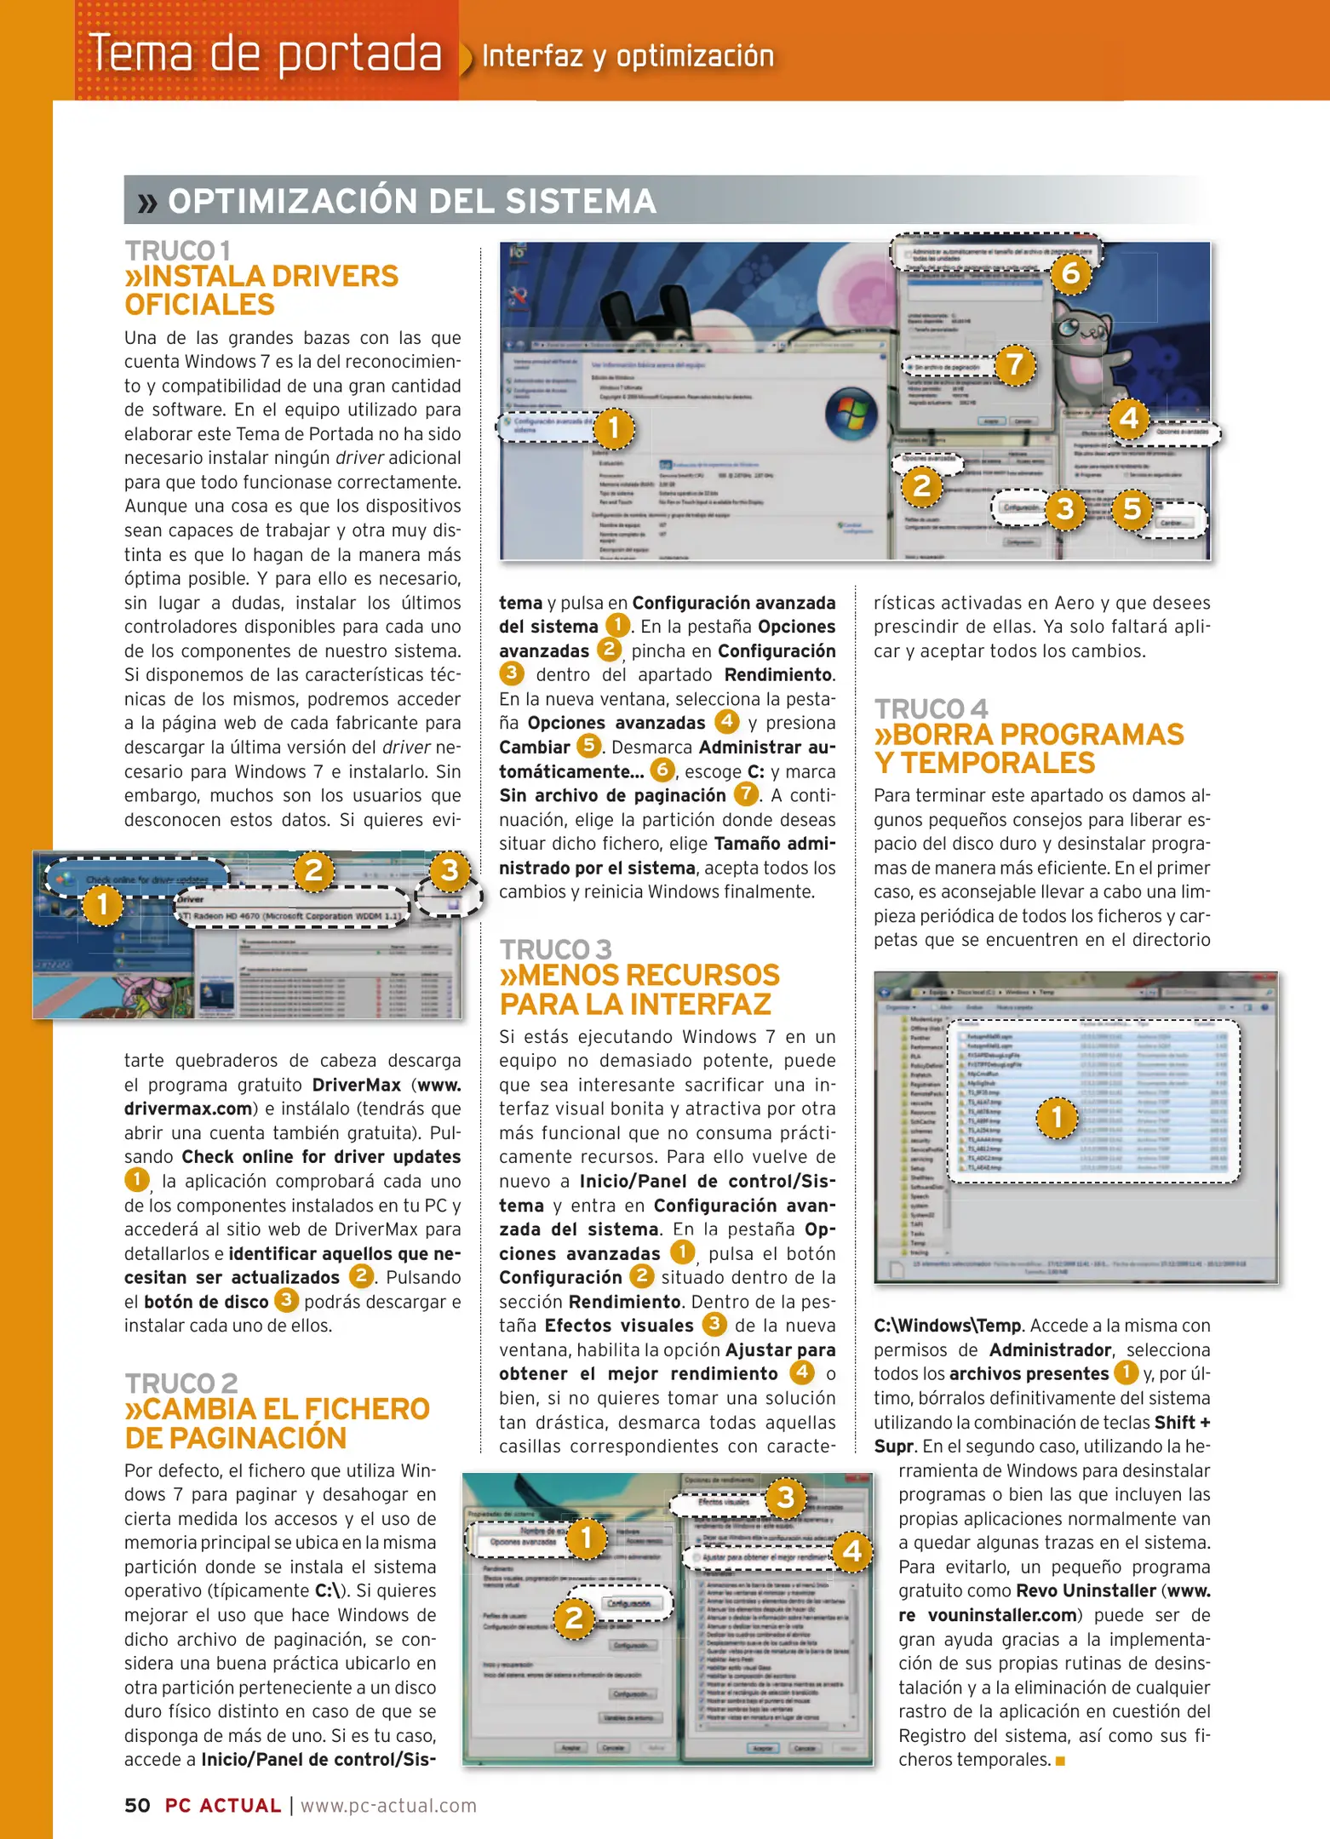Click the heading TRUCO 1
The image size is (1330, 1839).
pyautogui.click(x=177, y=251)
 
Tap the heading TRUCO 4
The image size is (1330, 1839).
pyautogui.click(x=931, y=708)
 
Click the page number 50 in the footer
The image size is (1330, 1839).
pyautogui.click(x=137, y=1806)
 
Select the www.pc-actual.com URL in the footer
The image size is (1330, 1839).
pyautogui.click(x=388, y=1806)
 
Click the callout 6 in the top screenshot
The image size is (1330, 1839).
pyautogui.click(x=1070, y=272)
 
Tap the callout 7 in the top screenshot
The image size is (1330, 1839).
pyautogui.click(x=1014, y=365)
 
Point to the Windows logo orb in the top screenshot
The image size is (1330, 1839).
pyautogui.click(x=851, y=414)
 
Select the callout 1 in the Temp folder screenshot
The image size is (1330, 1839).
pyautogui.click(x=1057, y=1116)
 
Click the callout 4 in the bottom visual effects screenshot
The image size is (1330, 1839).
pyautogui.click(x=852, y=1550)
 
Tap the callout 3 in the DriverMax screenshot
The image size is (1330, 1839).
pyautogui.click(x=449, y=870)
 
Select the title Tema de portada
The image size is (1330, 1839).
pyautogui.click(x=266, y=53)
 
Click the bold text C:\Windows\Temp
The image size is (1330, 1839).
pyautogui.click(x=947, y=1326)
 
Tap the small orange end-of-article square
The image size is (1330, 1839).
pyautogui.click(x=1060, y=1761)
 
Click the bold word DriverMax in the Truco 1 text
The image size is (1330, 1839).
pyautogui.click(x=356, y=1085)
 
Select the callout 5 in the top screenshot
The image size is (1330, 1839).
pyautogui.click(x=1132, y=508)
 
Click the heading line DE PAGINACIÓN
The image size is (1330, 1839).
pyautogui.click(x=235, y=1438)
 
